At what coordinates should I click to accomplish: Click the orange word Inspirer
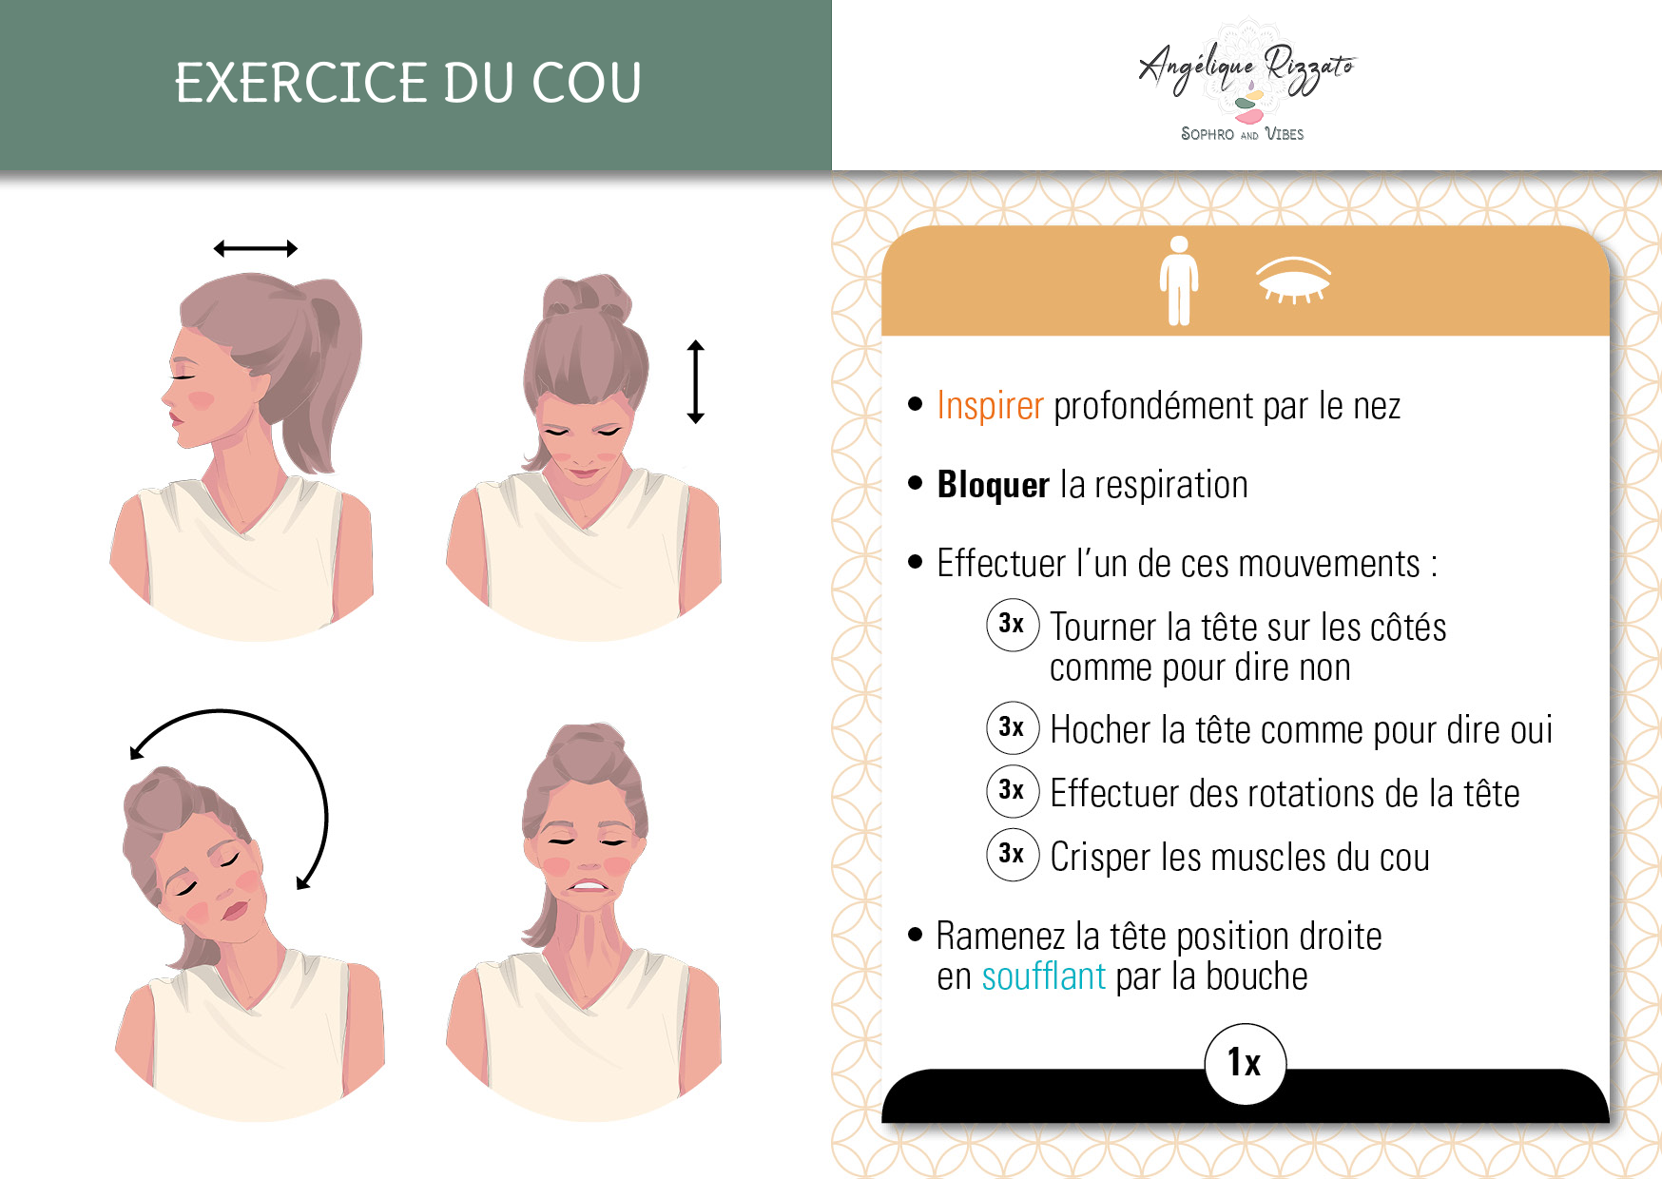(x=990, y=406)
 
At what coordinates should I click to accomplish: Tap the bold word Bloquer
(x=993, y=484)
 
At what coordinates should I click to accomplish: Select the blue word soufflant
(x=1043, y=976)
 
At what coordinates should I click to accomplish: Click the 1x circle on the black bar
(x=1245, y=1063)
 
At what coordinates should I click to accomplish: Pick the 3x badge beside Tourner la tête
(x=1012, y=625)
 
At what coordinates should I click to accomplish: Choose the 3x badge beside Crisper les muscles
(x=1012, y=854)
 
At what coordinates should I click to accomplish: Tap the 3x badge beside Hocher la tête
(x=1012, y=727)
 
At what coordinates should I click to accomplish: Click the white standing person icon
(x=1179, y=280)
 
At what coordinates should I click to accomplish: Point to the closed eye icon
(x=1293, y=279)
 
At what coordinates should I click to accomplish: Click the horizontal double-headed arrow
(x=255, y=249)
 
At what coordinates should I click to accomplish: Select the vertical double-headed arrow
(x=695, y=381)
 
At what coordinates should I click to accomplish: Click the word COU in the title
(x=587, y=83)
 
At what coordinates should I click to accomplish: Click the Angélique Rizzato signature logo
(x=1246, y=70)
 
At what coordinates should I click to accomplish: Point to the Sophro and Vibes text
(x=1242, y=134)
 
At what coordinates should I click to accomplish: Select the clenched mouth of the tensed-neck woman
(x=589, y=886)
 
